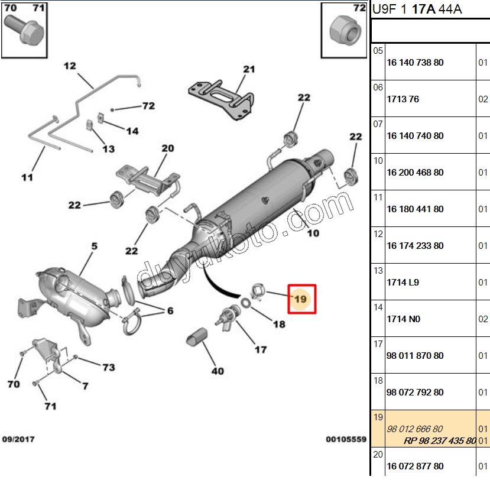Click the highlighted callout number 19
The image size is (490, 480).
point(300,299)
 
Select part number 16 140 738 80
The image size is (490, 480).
point(415,63)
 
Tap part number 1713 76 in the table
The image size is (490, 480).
point(403,99)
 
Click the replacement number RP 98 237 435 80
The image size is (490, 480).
point(440,440)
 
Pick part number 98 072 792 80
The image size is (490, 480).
point(415,392)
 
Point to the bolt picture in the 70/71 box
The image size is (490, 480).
point(24,30)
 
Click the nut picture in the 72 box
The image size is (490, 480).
point(345,31)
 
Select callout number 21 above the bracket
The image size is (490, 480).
point(249,69)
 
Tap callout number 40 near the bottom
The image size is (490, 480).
point(218,371)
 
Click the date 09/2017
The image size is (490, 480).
point(18,439)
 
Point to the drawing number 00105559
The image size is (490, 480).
point(346,439)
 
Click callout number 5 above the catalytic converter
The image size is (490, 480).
point(94,247)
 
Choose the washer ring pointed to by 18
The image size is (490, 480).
point(246,303)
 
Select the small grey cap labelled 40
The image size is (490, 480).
point(197,337)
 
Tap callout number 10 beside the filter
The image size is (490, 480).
point(313,233)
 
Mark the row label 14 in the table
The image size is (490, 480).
point(378,307)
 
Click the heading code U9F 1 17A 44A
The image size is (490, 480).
point(417,9)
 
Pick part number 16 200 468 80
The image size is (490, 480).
point(415,173)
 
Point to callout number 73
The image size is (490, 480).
point(109,367)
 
